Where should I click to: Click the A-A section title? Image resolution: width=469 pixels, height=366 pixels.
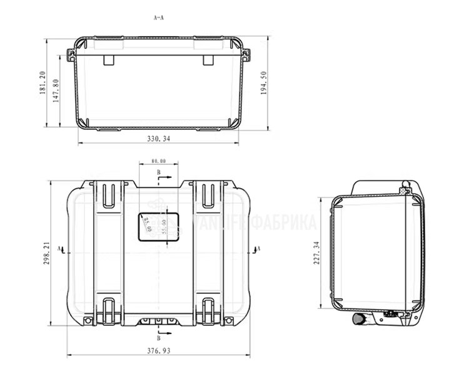[x=159, y=18]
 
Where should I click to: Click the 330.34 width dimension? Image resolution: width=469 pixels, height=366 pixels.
[x=158, y=139]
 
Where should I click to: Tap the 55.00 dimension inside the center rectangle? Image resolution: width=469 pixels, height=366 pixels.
[x=164, y=226]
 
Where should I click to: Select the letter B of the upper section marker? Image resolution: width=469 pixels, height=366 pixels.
[x=158, y=171]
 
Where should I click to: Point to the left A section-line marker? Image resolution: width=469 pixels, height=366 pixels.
[x=59, y=249]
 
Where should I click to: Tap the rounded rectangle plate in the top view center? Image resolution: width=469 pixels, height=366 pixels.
[x=158, y=226]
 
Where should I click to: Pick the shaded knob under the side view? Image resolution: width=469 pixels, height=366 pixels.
[x=359, y=320]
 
